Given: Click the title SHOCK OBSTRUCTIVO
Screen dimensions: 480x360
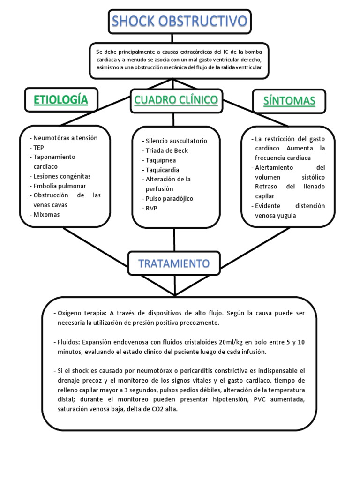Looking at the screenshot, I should (180, 22).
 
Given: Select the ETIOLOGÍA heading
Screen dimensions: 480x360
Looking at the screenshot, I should (60, 99).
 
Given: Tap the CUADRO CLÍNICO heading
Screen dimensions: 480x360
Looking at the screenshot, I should (176, 99).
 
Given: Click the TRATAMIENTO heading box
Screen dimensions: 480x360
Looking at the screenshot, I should (174, 263).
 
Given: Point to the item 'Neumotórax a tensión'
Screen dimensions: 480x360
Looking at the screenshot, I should (65, 138).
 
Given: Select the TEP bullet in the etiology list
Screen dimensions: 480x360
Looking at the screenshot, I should (38, 147).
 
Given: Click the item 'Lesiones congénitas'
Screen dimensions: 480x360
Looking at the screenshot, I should (62, 176).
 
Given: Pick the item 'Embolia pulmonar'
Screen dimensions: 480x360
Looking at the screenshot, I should (59, 186).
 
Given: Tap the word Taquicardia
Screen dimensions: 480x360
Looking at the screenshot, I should (162, 170).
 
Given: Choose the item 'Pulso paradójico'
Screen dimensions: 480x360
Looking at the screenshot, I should (169, 198).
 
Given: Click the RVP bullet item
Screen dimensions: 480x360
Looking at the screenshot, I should (151, 208).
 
